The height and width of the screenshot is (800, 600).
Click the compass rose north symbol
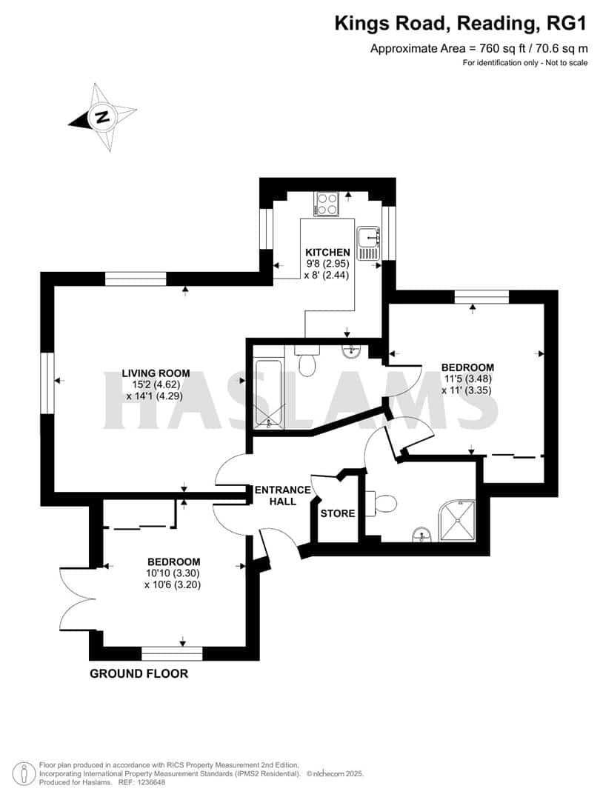click(101, 116)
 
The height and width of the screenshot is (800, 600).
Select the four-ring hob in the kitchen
click(326, 204)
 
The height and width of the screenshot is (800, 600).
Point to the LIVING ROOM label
click(156, 373)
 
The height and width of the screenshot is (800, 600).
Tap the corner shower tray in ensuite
click(461, 519)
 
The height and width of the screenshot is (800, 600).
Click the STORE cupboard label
click(338, 513)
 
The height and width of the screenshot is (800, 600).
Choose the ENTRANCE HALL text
click(282, 496)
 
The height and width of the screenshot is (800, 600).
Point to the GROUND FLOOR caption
click(139, 673)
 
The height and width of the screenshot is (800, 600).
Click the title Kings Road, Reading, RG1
click(461, 24)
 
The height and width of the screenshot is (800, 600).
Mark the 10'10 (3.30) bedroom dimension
click(173, 573)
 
